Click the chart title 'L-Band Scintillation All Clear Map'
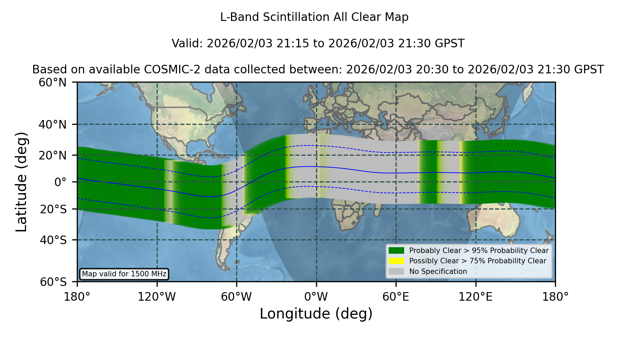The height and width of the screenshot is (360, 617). pyautogui.click(x=314, y=17)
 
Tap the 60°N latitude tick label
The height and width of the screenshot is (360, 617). pyautogui.click(x=53, y=82)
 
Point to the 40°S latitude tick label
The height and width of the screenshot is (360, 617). pyautogui.click(x=53, y=240)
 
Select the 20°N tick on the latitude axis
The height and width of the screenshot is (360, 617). pyautogui.click(x=53, y=155)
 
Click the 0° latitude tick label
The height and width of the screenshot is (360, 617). pyautogui.click(x=60, y=182)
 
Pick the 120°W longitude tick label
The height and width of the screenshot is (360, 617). pyautogui.click(x=157, y=297)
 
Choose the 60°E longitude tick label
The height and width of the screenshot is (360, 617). pyautogui.click(x=396, y=297)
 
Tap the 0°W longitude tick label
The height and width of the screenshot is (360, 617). pyautogui.click(x=316, y=297)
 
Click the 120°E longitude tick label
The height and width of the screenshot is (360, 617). pyautogui.click(x=476, y=297)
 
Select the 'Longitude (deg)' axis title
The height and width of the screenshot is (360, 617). pyautogui.click(x=316, y=314)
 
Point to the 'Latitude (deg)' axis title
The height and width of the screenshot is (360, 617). pyautogui.click(x=21, y=182)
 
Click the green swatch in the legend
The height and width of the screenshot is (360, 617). pyautogui.click(x=396, y=251)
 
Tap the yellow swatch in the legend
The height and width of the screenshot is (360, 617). pyautogui.click(x=396, y=261)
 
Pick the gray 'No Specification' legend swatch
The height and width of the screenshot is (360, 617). pyautogui.click(x=396, y=272)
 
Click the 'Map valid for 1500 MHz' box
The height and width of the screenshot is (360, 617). pyautogui.click(x=124, y=274)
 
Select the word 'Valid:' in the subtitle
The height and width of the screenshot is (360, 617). pyautogui.click(x=187, y=44)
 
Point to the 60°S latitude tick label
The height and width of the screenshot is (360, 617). pyautogui.click(x=53, y=282)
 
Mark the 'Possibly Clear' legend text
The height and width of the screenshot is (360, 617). pyautogui.click(x=434, y=261)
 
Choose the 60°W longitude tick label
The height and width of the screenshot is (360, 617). pyautogui.click(x=237, y=297)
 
